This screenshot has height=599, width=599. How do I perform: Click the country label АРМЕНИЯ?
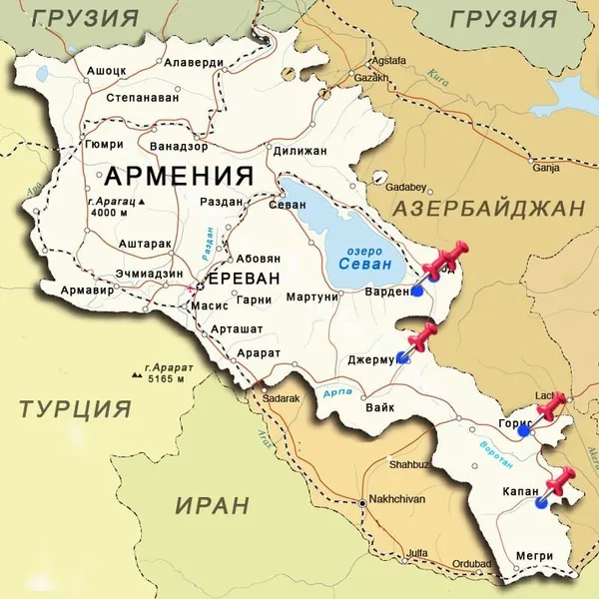click(x=179, y=177)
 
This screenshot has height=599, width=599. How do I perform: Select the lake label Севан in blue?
click(x=358, y=265)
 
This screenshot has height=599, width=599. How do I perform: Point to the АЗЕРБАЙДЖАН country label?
click(x=487, y=209)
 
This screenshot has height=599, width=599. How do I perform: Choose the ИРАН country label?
click(x=212, y=505)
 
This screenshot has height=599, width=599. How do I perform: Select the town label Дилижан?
click(x=299, y=151)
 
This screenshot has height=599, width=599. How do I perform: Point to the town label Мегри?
click(x=535, y=556)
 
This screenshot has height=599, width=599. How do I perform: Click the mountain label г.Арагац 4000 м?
click(x=113, y=207)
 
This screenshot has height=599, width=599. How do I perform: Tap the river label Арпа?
click(x=336, y=395)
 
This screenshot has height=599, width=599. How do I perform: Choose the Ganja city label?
click(x=547, y=168)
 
